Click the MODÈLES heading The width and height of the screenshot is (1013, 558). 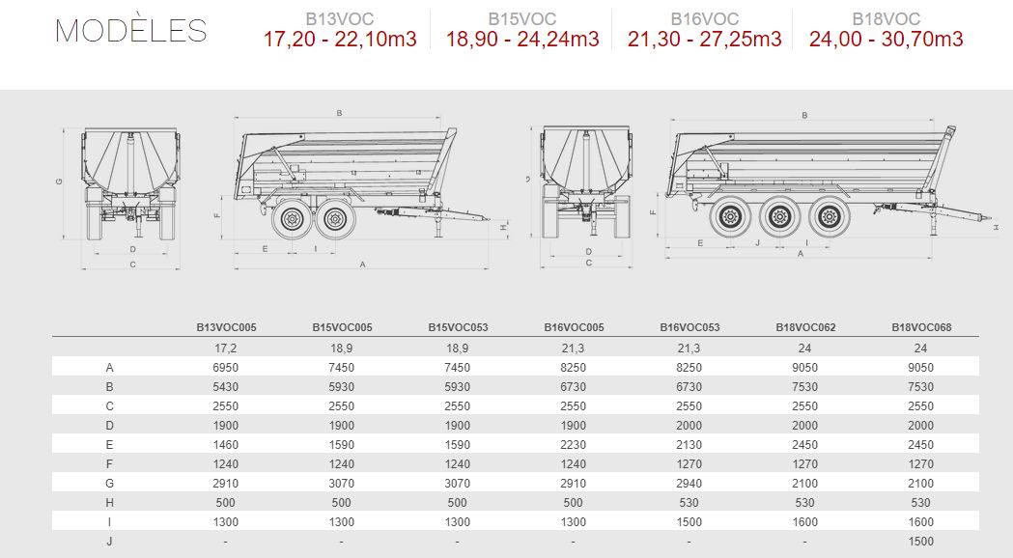click(131, 30)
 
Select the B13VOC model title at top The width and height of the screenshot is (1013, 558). click(339, 19)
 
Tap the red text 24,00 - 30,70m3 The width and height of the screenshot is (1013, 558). click(886, 40)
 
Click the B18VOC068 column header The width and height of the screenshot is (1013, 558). click(921, 327)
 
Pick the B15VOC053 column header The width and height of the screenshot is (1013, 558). click(458, 327)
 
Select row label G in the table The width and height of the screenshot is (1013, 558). click(109, 483)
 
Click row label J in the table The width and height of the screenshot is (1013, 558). click(109, 542)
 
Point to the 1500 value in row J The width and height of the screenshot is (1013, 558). click(920, 542)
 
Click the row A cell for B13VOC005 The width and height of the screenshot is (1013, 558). click(225, 368)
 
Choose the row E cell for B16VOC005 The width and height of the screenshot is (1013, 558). click(573, 445)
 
